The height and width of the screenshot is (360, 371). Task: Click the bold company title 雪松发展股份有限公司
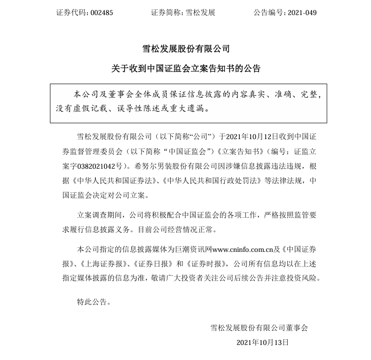tap(185, 48)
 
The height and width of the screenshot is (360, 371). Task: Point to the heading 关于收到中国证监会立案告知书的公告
tap(185, 69)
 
